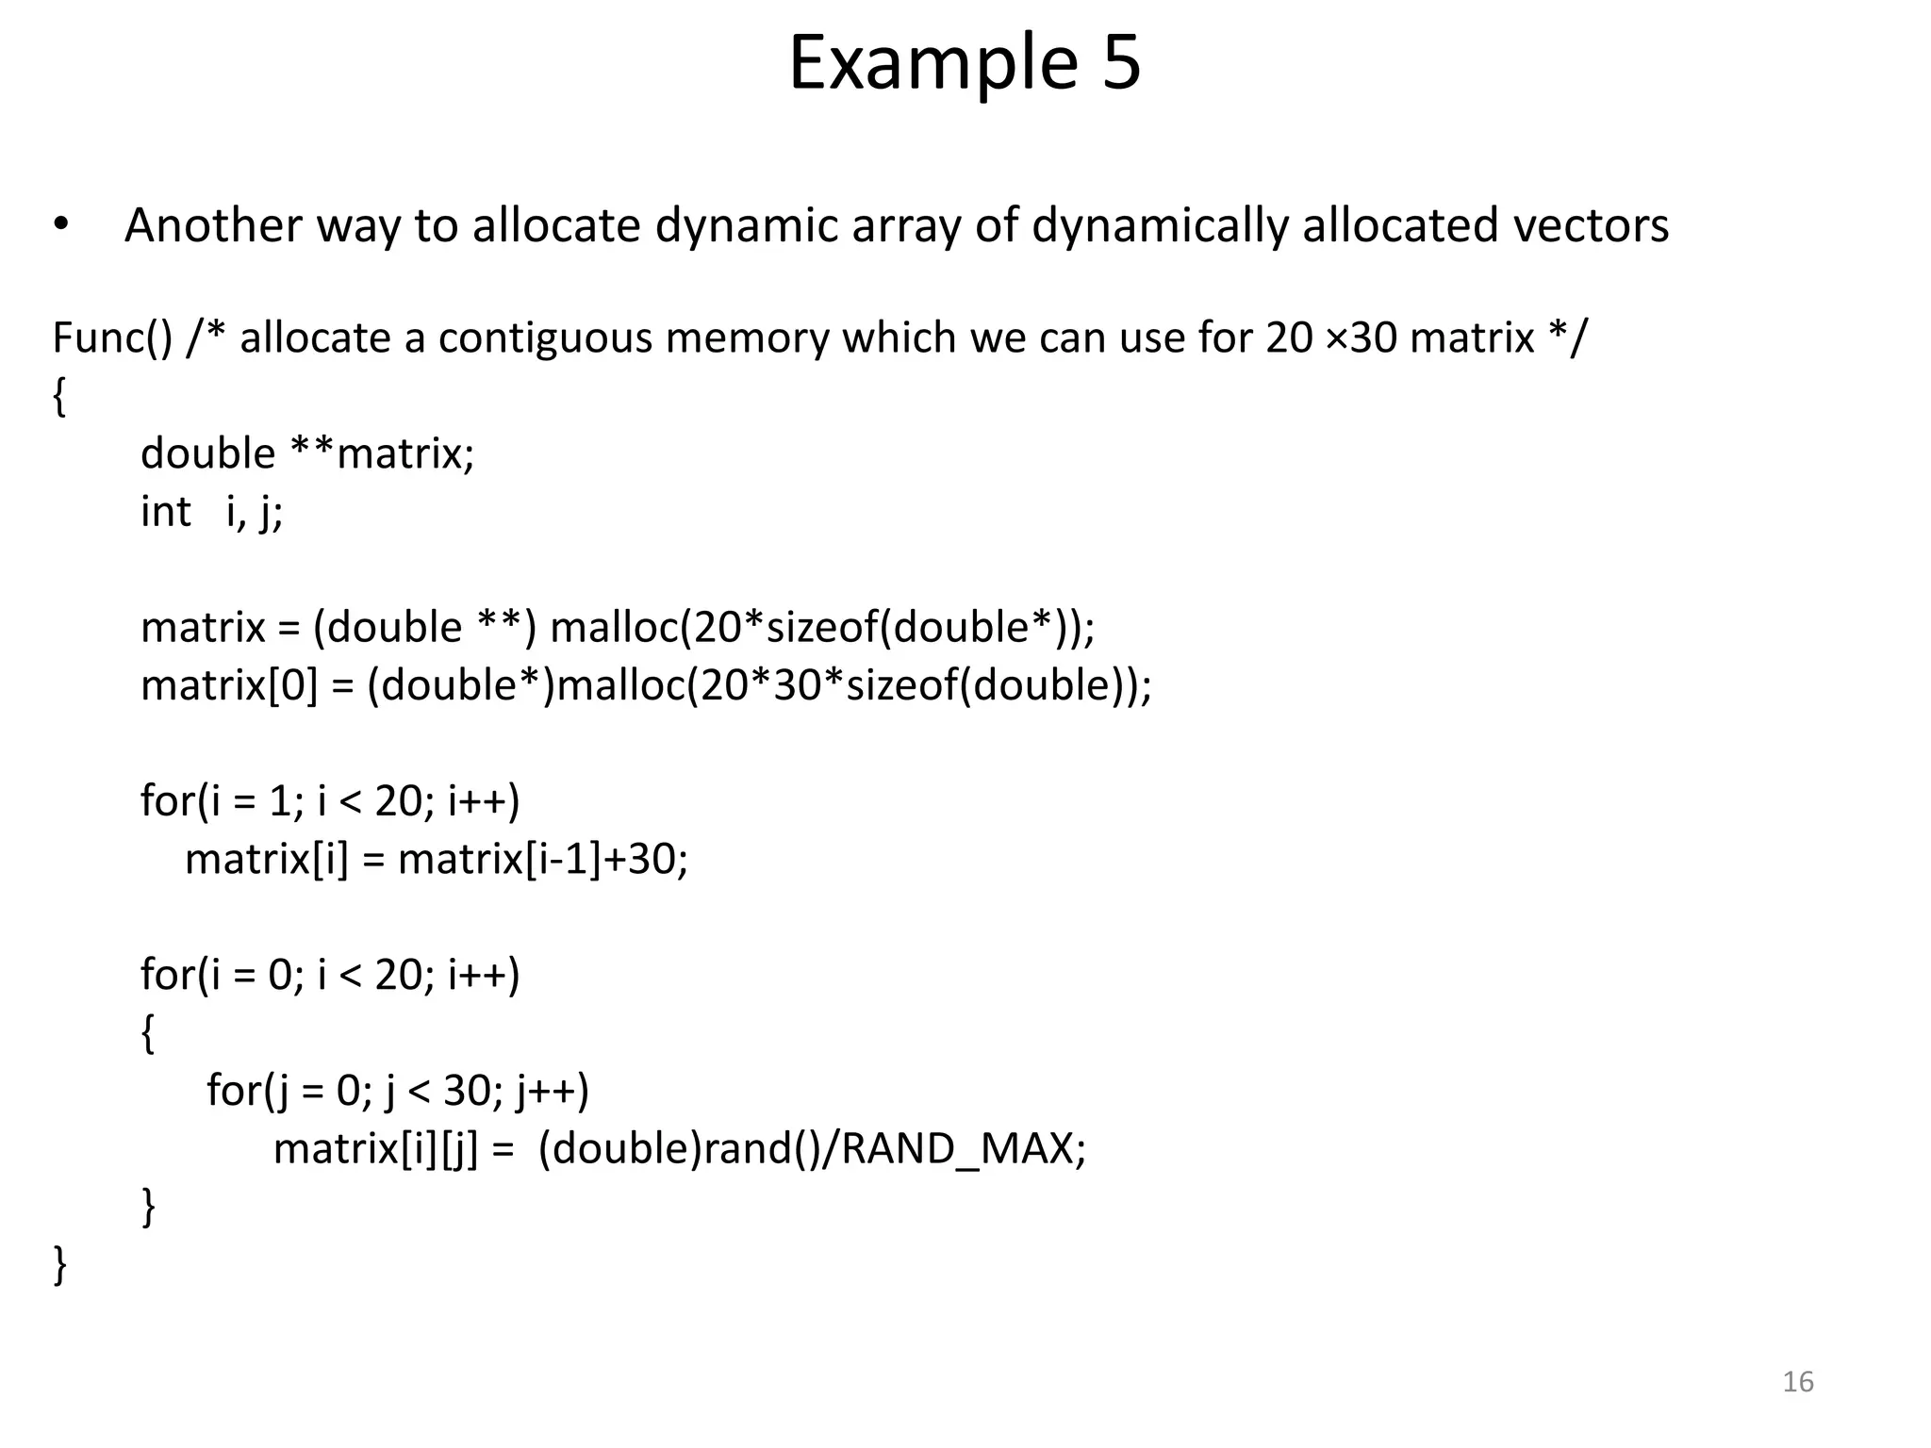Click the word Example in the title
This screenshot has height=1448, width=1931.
[x=932, y=63]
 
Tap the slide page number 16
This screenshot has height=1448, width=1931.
[x=1798, y=1382]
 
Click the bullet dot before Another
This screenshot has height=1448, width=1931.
[x=61, y=225]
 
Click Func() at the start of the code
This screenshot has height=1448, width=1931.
[x=112, y=338]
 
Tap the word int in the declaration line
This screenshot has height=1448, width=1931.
[x=165, y=512]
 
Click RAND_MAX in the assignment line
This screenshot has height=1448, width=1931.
[x=957, y=1148]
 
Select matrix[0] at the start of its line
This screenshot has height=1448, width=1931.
[x=229, y=685]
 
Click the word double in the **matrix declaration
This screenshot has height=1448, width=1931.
[x=207, y=453]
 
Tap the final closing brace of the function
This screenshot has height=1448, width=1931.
[x=60, y=1264]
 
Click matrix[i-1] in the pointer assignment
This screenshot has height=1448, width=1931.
[x=500, y=859]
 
